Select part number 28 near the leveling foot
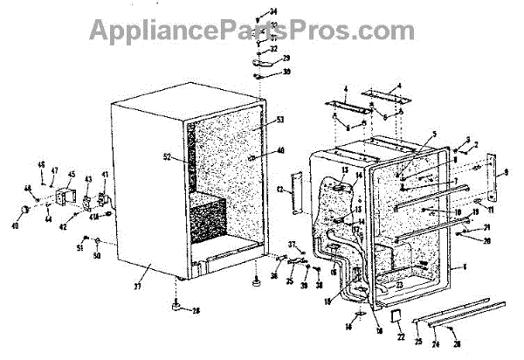[196, 310]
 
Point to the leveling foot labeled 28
[177, 305]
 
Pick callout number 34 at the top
[272, 10]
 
